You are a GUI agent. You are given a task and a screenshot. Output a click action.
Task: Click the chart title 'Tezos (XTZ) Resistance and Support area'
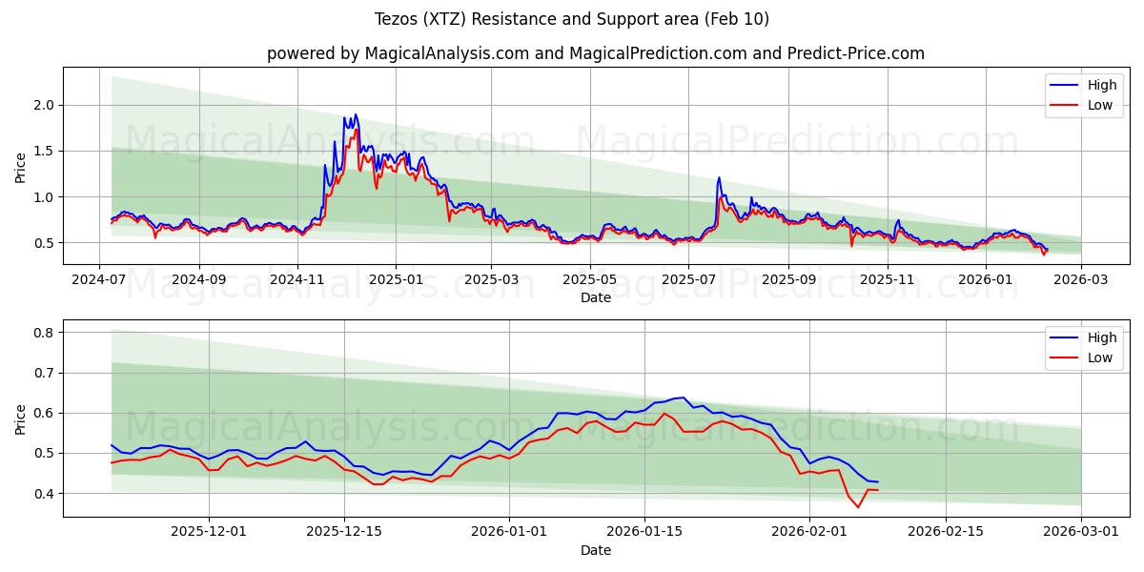(x=571, y=19)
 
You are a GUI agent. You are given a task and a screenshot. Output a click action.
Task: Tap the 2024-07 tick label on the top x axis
(x=100, y=280)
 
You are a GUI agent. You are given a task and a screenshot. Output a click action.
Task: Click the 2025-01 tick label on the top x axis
(x=396, y=280)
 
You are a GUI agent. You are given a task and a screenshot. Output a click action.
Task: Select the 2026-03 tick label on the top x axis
(x=1081, y=280)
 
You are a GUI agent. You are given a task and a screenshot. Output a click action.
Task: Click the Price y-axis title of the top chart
(x=21, y=167)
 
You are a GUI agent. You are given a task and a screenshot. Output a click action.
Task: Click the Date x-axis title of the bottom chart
(x=595, y=550)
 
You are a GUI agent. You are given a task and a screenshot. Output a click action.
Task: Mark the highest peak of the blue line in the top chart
(x=356, y=114)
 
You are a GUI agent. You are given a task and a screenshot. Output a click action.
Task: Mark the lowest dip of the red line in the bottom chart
(x=857, y=507)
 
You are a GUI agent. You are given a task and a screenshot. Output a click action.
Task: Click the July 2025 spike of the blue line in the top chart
(x=719, y=177)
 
